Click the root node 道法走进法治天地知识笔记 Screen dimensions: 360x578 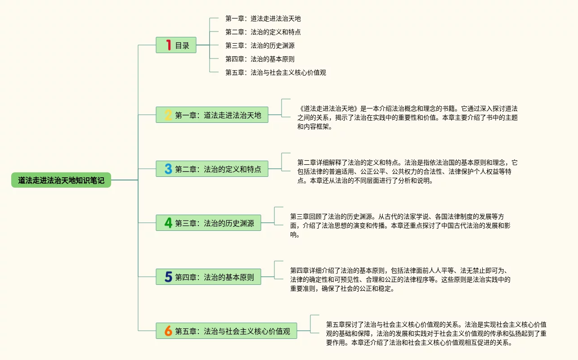pyautogui.click(x=61, y=180)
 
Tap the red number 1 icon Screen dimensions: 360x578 pyautogui.click(x=169, y=45)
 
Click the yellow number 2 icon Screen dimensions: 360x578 pyautogui.click(x=168, y=115)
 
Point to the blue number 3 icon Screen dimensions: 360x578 pyautogui.click(x=168, y=169)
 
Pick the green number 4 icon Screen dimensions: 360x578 pyautogui.click(x=168, y=223)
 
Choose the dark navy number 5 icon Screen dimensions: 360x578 pyautogui.click(x=168, y=277)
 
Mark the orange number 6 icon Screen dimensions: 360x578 pyautogui.click(x=168, y=331)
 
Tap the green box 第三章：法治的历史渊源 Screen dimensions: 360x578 pyautogui.click(x=214, y=223)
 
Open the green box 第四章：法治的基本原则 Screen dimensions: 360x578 pyautogui.click(x=214, y=277)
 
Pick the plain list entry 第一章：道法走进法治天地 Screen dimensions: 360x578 pyautogui.click(x=263, y=18)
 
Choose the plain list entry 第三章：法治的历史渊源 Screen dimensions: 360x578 pyautogui.click(x=260, y=45)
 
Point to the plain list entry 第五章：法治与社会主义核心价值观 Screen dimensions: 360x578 pyautogui.click(x=275, y=72)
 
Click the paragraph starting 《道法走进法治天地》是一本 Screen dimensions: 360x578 pyautogui.click(x=407, y=117)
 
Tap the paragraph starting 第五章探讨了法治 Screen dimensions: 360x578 pyautogui.click(x=436, y=333)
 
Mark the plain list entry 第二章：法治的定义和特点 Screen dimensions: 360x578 pyautogui.click(x=263, y=32)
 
